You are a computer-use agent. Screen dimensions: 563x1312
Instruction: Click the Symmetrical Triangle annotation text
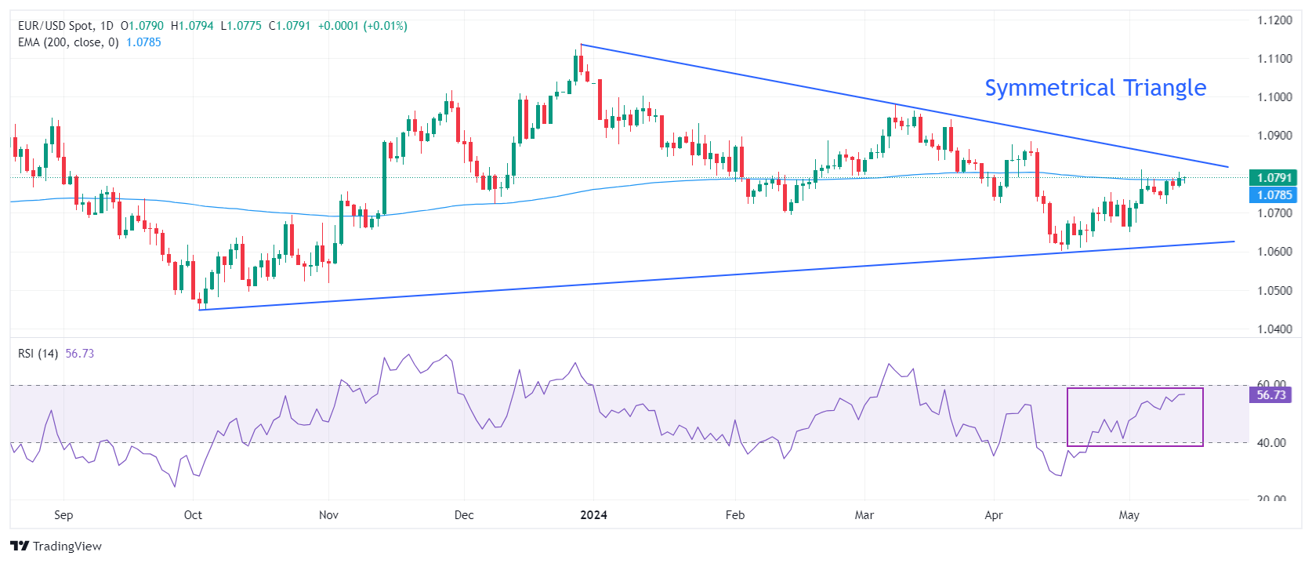[x=1095, y=88]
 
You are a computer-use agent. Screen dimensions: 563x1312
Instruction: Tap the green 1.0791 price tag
[x=1274, y=178]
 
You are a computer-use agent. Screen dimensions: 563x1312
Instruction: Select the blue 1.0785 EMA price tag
[x=1274, y=195]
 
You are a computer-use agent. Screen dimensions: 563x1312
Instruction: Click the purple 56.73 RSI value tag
[x=1270, y=395]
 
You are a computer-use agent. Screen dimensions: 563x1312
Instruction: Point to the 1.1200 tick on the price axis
[x=1274, y=20]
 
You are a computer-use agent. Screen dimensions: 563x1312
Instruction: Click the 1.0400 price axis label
[x=1274, y=329]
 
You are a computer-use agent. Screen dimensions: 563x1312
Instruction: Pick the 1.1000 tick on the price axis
[x=1274, y=97]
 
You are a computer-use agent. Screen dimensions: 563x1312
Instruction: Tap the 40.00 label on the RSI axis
[x=1271, y=443]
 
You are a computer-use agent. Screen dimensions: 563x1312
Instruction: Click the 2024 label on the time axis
[x=593, y=515]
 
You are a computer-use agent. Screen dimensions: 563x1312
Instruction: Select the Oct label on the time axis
[x=193, y=515]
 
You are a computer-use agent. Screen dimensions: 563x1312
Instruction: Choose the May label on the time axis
[x=1129, y=515]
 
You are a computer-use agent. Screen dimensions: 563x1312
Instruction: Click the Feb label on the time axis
[x=735, y=515]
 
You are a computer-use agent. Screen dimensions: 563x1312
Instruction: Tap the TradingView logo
[x=56, y=547]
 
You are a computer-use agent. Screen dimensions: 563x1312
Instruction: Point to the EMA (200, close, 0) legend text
[x=68, y=42]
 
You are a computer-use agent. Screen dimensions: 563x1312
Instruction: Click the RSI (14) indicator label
[x=38, y=354]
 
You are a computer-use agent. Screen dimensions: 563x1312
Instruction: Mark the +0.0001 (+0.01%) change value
[x=362, y=26]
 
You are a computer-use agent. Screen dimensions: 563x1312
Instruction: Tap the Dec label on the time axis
[x=464, y=515]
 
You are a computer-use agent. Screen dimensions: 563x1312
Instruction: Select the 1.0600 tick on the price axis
[x=1274, y=252]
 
